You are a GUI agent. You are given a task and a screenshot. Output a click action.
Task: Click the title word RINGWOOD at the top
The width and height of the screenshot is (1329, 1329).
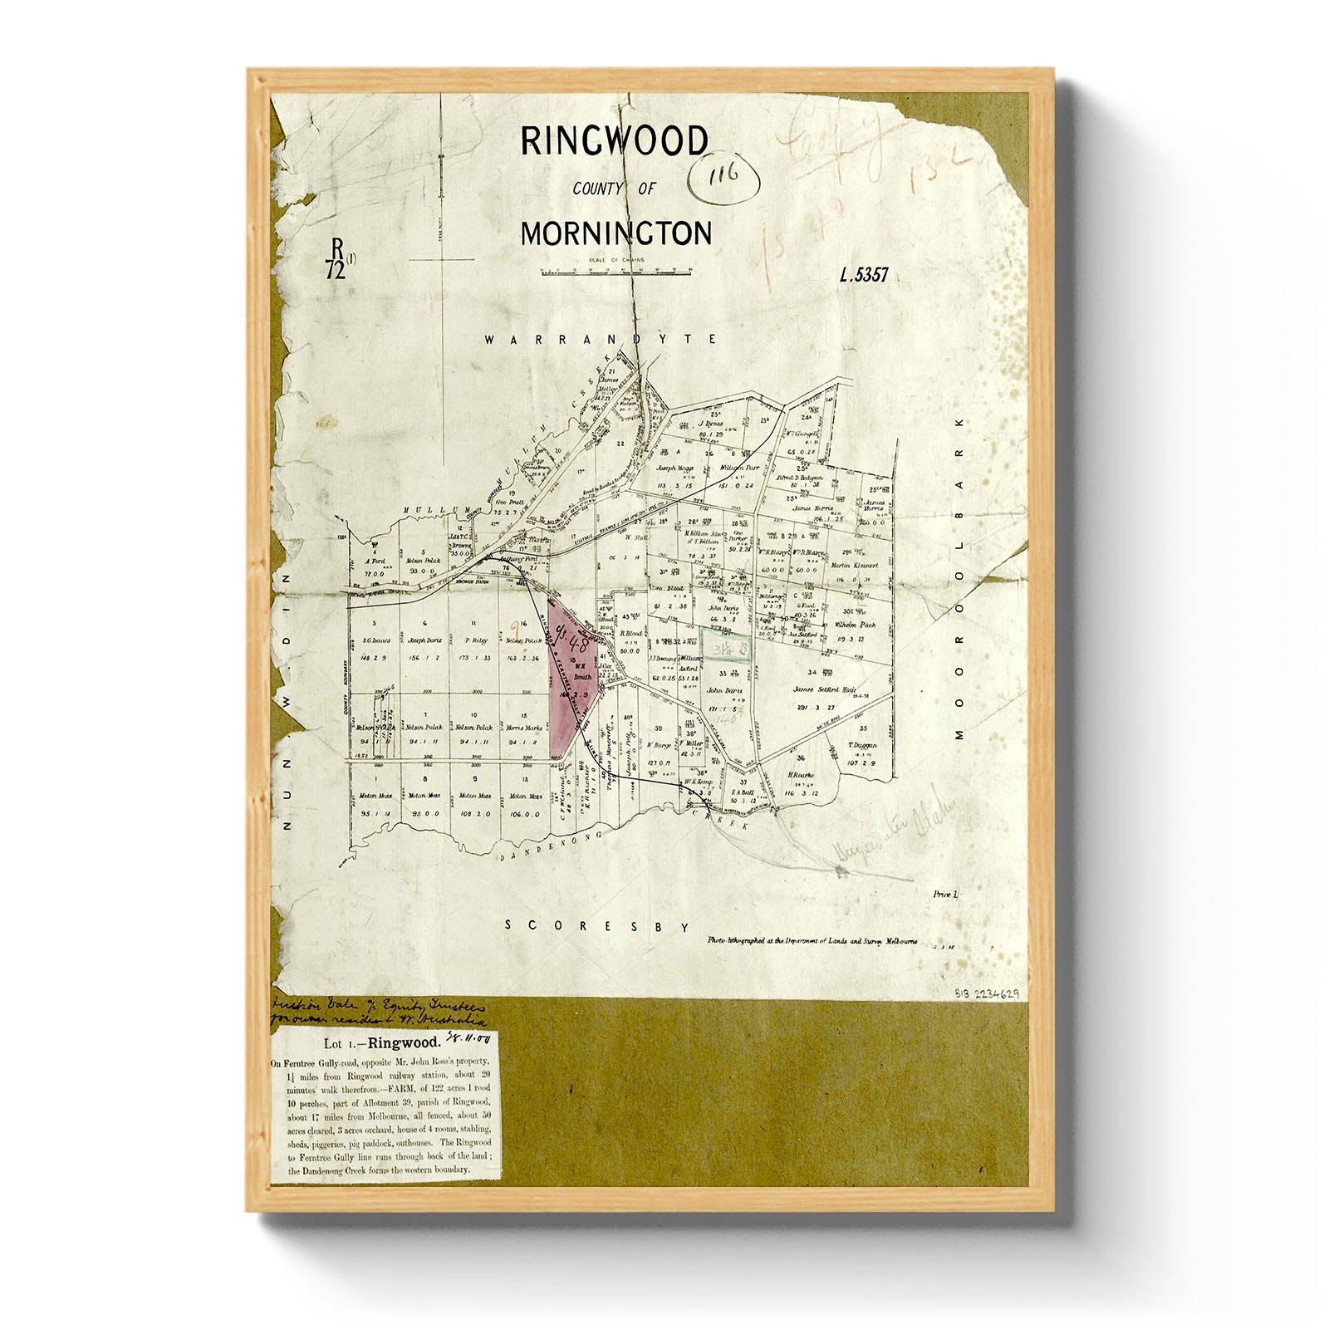pyautogui.click(x=614, y=142)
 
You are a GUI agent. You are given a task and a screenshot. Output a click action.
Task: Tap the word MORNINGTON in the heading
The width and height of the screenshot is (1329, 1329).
pyautogui.click(x=615, y=234)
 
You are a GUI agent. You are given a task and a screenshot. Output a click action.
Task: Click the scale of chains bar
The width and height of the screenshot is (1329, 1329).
pyautogui.click(x=614, y=271)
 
